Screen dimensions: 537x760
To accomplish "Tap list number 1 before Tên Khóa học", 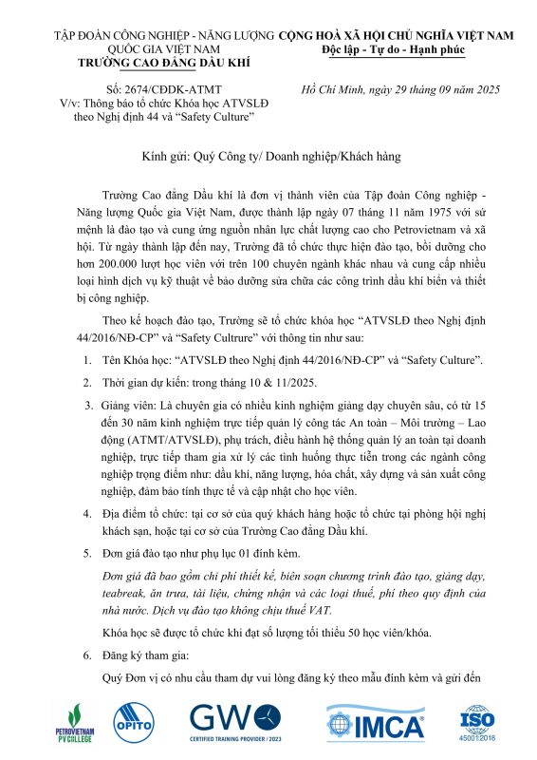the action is [85, 361].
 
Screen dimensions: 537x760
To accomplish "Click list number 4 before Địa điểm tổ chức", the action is [85, 510].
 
